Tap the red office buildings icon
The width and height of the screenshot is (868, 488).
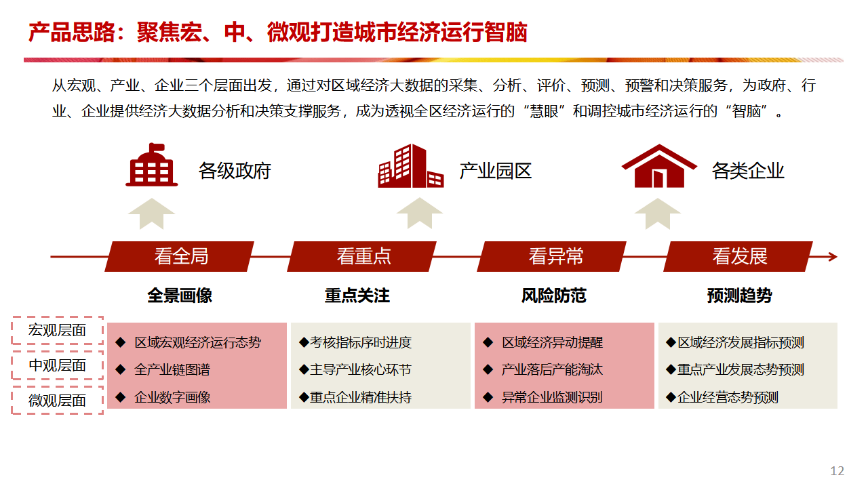[x=411, y=166]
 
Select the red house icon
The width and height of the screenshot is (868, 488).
[x=658, y=166]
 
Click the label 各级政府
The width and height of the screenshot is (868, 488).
[x=235, y=171]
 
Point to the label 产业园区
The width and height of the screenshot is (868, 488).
[x=496, y=171]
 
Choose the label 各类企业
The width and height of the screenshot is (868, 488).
[x=748, y=171]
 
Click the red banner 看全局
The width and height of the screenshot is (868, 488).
[x=180, y=256]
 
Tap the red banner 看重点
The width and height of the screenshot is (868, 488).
[x=363, y=256]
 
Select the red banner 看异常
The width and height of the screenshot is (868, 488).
[x=555, y=256]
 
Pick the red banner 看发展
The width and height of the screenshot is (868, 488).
[x=739, y=256]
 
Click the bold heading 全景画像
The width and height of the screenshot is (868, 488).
[x=180, y=296]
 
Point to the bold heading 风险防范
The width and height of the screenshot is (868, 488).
[x=553, y=296]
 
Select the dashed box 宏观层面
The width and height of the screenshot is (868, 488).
[x=58, y=330]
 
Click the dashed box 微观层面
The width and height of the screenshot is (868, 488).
[x=58, y=401]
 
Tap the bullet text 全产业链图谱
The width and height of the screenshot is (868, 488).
[x=172, y=370]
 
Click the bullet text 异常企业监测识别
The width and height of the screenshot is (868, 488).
[x=552, y=397]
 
